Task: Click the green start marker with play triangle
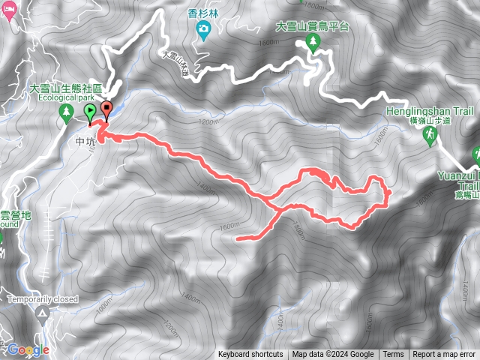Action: pyautogui.click(x=90, y=113)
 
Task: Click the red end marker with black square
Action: pyautogui.click(x=106, y=110)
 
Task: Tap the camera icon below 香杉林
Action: pyautogui.click(x=202, y=29)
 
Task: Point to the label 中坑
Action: pyautogui.click(x=84, y=140)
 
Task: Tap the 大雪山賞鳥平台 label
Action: pyautogui.click(x=313, y=25)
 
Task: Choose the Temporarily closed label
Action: pyautogui.click(x=43, y=298)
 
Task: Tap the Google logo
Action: pyautogui.click(x=28, y=349)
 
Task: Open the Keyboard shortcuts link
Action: pyautogui.click(x=251, y=355)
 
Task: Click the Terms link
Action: pyautogui.click(x=393, y=355)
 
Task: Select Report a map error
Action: pyautogui.click(x=445, y=355)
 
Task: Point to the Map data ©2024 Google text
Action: pyautogui.click(x=333, y=355)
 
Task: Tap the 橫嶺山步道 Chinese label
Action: pyautogui.click(x=452, y=120)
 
